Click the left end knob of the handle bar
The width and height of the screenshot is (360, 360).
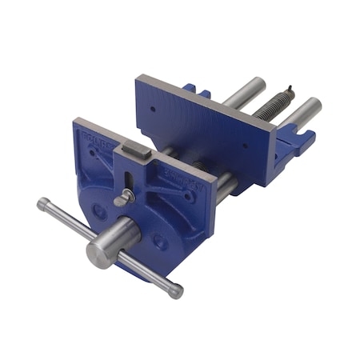click(x=42, y=204)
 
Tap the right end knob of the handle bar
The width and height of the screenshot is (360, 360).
click(x=176, y=292)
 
